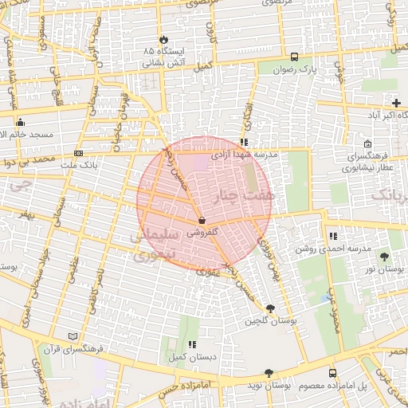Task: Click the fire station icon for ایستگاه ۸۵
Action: (164, 39)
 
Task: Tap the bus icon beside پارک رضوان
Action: (294, 57)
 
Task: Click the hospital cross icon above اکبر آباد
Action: (397, 103)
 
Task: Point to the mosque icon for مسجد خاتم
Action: (21, 122)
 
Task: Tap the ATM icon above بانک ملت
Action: (78, 153)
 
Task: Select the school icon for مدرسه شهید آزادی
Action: (244, 142)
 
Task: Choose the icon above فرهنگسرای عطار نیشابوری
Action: (367, 144)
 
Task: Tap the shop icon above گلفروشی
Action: (201, 221)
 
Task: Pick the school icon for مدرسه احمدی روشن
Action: (332, 236)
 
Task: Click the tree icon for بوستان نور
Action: (386, 256)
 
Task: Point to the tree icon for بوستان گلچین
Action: (270, 308)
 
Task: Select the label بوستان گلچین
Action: (265, 320)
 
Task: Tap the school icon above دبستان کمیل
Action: (192, 345)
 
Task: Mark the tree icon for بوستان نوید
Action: (269, 372)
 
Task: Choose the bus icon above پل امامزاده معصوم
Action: (332, 372)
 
